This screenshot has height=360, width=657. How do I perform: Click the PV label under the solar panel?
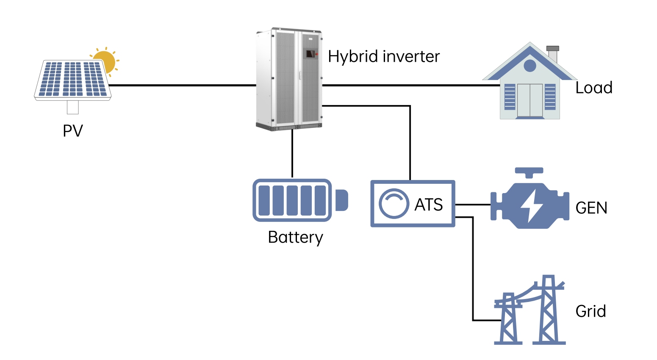[x=72, y=131]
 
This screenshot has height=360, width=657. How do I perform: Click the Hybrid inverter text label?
[x=383, y=57]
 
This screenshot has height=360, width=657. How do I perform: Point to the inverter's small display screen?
[x=311, y=54]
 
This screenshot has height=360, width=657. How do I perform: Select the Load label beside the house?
[x=593, y=88]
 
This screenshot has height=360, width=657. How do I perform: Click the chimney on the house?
[x=552, y=53]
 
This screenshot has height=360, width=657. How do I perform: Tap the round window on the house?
[x=529, y=66]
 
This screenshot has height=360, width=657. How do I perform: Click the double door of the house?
[x=529, y=100]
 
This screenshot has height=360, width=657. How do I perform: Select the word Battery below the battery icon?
[x=295, y=237]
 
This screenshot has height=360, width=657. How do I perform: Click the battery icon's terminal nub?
[x=341, y=200]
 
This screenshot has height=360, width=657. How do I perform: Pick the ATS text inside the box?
[x=428, y=205]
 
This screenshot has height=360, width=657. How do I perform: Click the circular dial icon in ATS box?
[x=394, y=204]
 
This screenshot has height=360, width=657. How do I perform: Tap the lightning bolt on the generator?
[x=531, y=205]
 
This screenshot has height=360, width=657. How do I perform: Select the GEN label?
[x=591, y=208]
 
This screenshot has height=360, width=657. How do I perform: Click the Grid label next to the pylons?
[x=590, y=311]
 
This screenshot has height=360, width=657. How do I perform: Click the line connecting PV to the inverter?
[x=182, y=85]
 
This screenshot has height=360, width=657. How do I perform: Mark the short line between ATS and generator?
[x=472, y=205]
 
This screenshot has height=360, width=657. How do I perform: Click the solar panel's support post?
[x=72, y=107]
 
